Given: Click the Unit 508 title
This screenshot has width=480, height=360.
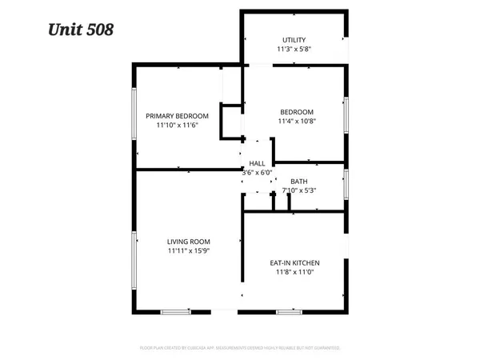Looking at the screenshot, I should click(x=81, y=30).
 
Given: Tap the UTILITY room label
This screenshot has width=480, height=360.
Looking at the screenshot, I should click(x=294, y=40).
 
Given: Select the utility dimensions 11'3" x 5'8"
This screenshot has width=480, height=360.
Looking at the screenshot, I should click(x=294, y=50).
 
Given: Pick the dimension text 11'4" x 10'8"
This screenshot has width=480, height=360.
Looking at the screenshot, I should click(x=296, y=122).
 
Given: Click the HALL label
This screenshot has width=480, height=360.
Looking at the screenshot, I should click(x=257, y=163).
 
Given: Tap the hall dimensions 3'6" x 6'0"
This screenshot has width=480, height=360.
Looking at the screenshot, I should click(x=258, y=172).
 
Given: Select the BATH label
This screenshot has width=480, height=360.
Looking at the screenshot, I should click(x=298, y=182).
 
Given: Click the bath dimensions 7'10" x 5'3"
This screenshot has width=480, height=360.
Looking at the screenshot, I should click(x=299, y=190).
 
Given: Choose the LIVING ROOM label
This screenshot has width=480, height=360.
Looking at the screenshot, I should click(x=188, y=242).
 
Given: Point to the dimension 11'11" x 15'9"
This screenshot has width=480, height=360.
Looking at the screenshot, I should click(x=188, y=251).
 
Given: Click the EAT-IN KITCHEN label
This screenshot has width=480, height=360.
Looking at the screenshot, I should click(x=296, y=262).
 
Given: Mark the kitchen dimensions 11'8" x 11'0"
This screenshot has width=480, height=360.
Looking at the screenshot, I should click(x=296, y=272).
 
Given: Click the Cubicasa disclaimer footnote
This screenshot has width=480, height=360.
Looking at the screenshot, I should click(x=240, y=348).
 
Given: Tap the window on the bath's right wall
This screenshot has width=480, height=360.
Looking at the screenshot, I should click(x=346, y=183).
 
